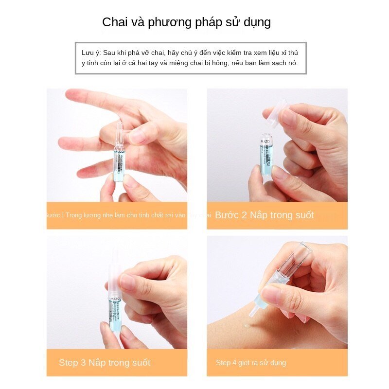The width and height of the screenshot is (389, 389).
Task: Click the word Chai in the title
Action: pos(114,22)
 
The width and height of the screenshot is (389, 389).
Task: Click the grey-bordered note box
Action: pos(191,58)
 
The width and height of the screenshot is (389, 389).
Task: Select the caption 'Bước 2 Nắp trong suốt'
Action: pos(264,215)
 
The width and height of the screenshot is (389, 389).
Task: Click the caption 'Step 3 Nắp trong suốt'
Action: pos(105,362)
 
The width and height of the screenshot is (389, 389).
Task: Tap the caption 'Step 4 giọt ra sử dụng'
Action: pos(251,363)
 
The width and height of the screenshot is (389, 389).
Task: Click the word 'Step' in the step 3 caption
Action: pos(68,362)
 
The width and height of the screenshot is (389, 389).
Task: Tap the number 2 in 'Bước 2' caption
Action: pos(244,215)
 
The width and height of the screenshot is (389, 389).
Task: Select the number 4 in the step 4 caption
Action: pos(234,363)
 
